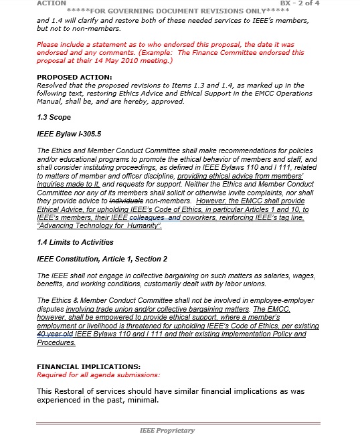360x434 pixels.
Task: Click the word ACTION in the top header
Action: [x=52, y=3]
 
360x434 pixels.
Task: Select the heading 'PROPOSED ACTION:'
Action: [x=67, y=78]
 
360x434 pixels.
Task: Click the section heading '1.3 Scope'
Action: [x=53, y=117]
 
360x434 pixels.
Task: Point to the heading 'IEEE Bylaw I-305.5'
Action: [x=64, y=134]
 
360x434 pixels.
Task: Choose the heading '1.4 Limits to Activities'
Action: [x=75, y=242]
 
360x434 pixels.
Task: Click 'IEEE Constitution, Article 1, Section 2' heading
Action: [x=102, y=259]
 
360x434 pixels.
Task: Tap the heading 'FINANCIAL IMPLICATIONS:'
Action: [x=88, y=366]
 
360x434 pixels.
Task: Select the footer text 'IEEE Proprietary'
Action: [x=167, y=430]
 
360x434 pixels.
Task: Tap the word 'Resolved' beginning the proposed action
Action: [x=52, y=86]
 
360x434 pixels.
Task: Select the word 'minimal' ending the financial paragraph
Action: [x=143, y=400]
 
